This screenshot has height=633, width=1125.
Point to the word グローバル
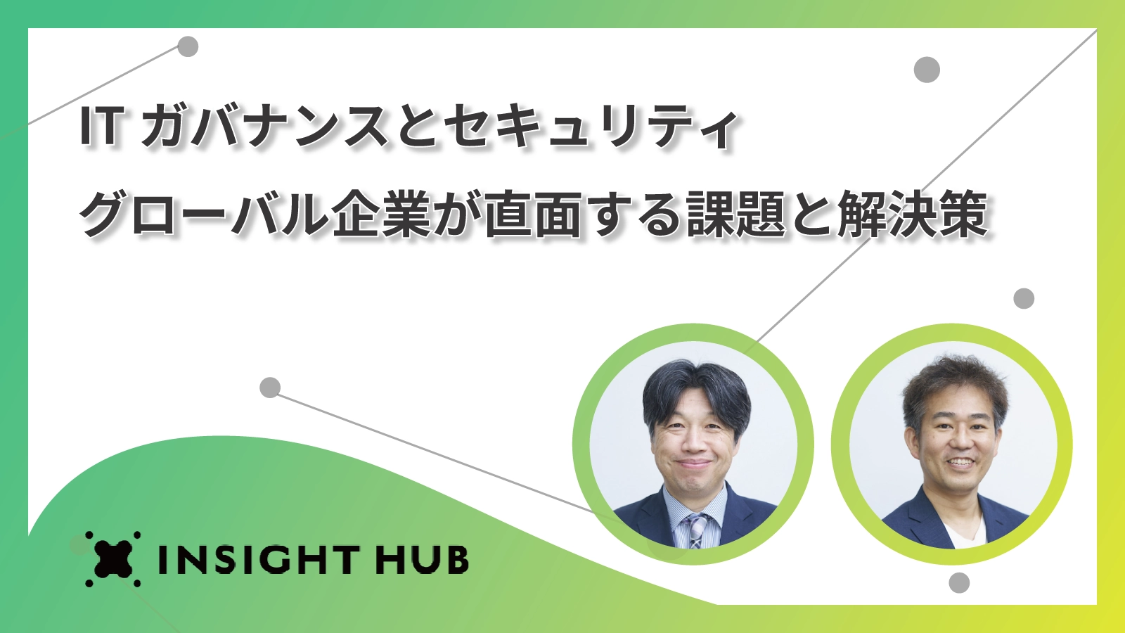point(204,214)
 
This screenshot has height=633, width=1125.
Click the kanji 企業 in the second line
point(382,214)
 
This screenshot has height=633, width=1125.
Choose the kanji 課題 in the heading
point(735,214)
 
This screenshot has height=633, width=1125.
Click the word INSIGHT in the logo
point(259,559)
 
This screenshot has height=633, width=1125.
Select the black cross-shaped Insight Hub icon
point(113,558)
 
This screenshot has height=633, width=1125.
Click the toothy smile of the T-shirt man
point(959,461)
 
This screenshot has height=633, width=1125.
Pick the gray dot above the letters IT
point(188,46)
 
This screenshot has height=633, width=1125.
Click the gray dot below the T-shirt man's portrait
point(959,583)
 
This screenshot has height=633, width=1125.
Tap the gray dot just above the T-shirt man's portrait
point(1024,298)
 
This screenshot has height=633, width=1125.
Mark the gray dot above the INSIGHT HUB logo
point(270,388)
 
